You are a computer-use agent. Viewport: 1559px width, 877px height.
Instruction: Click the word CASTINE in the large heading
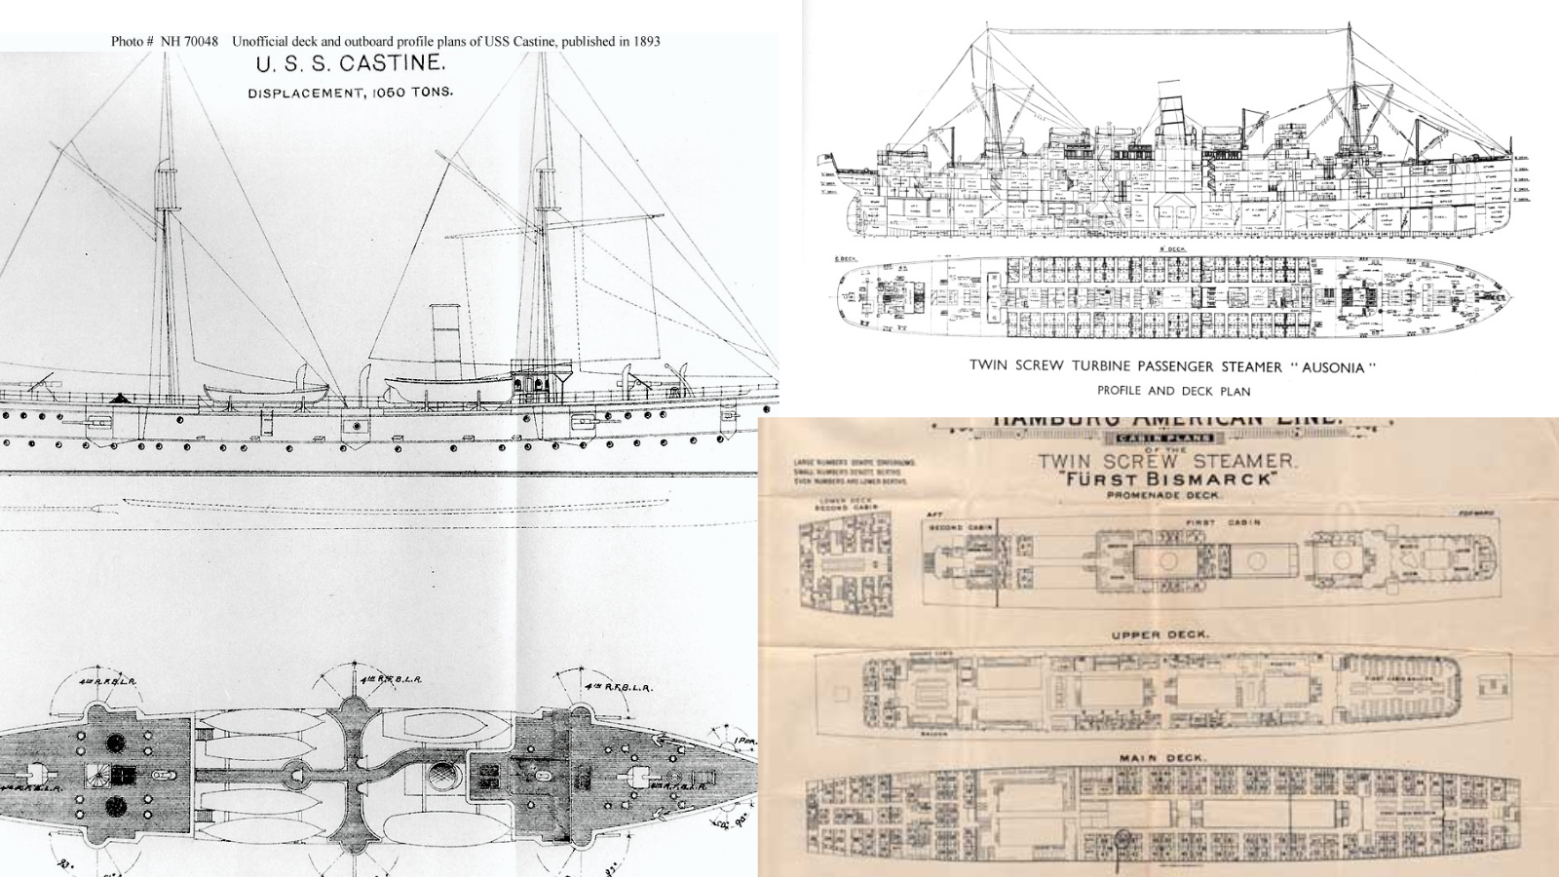(392, 64)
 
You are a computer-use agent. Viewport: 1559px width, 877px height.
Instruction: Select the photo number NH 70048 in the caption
(189, 41)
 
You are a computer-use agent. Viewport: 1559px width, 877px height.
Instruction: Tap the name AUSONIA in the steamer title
(1333, 367)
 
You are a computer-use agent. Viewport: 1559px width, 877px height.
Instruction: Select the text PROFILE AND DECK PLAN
(1173, 391)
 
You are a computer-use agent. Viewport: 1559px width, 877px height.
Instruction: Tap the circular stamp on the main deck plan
(1122, 839)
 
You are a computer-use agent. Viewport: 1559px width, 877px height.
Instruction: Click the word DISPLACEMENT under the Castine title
(305, 94)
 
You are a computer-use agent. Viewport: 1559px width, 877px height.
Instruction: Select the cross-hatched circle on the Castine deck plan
(443, 777)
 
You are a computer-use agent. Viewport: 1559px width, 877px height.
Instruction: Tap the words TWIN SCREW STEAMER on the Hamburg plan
(1167, 461)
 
